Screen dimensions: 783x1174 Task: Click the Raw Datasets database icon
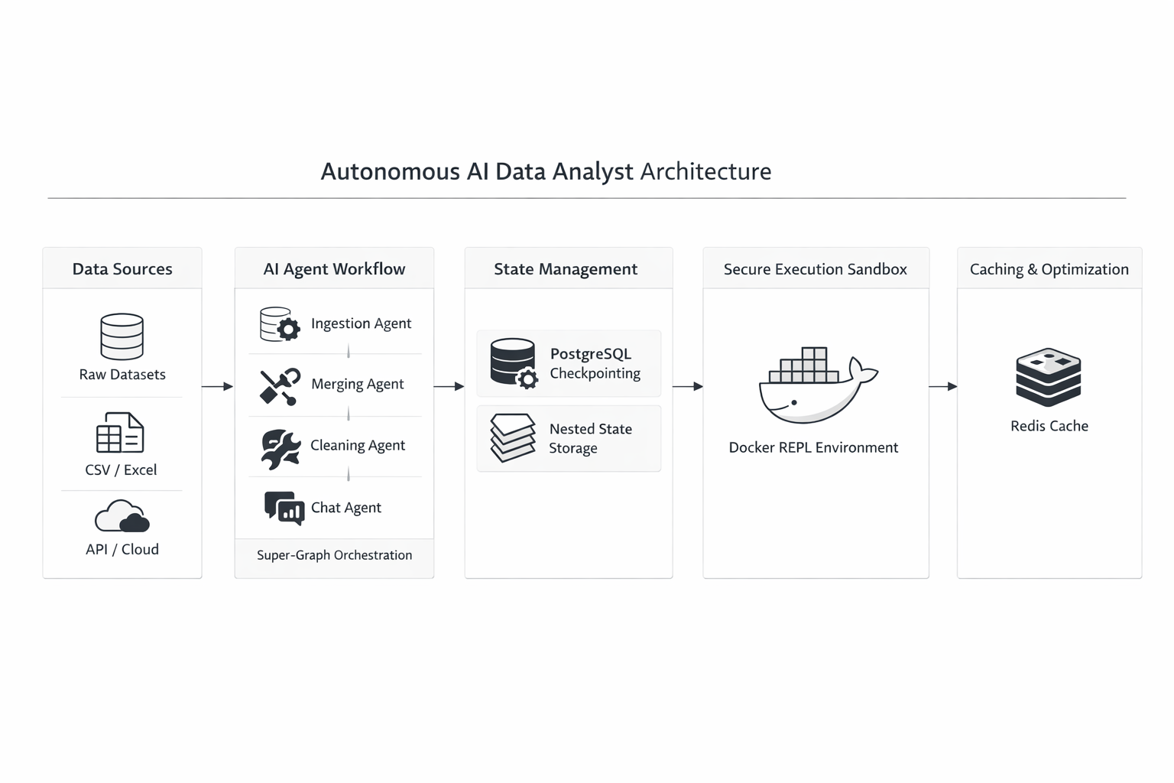(122, 336)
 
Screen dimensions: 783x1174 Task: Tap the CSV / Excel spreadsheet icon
(120, 433)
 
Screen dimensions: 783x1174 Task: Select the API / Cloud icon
(122, 516)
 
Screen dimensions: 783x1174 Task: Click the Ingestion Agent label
(361, 323)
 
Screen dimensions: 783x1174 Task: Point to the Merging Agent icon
(279, 386)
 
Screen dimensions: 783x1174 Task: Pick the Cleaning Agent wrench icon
(280, 448)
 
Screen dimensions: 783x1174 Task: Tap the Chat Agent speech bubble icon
(284, 508)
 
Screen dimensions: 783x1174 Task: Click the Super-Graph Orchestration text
(334, 555)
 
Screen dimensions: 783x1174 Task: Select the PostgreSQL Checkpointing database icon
(514, 362)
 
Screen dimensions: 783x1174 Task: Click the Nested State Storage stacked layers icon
(512, 437)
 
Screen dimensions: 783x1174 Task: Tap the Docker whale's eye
(794, 402)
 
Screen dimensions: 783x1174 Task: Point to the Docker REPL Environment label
(813, 447)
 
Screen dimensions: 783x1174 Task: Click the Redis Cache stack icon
(1048, 377)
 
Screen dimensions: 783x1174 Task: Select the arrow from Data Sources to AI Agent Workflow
(218, 387)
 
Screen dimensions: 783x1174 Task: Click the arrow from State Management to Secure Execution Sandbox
(688, 387)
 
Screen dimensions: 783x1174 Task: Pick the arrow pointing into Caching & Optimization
(943, 387)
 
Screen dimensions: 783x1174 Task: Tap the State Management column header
(566, 269)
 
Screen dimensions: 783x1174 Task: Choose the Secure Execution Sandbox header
(815, 269)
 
